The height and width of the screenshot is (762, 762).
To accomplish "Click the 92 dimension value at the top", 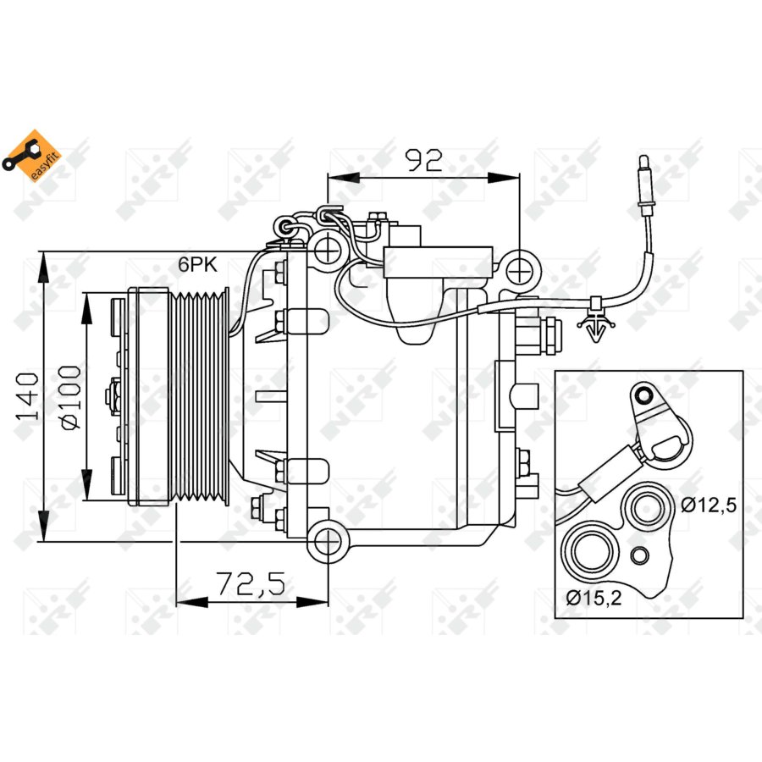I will tap(424, 160).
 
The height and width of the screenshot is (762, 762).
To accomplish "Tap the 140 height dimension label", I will tap(29, 396).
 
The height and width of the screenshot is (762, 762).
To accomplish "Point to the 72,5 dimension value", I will tap(251, 583).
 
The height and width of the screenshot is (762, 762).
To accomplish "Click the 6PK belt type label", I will tap(197, 264).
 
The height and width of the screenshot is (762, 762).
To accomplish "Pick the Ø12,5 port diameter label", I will tap(709, 505).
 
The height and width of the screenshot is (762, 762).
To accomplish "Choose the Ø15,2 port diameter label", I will tap(594, 598).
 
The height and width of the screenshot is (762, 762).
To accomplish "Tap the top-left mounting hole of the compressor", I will tap(326, 249).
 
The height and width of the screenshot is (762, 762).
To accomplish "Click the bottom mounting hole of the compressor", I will tap(326, 543).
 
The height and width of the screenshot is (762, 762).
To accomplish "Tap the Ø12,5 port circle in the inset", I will tap(646, 509).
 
